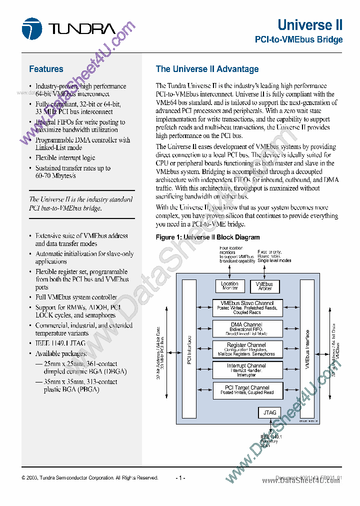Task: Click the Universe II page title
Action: (x=310, y=25)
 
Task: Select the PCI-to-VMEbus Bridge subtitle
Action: (x=298, y=39)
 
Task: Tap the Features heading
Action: (x=46, y=69)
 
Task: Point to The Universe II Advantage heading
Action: (x=207, y=69)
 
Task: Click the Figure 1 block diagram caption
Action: (x=207, y=237)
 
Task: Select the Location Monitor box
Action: (x=230, y=286)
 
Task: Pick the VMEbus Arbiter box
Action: (x=264, y=286)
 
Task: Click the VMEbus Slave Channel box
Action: (x=246, y=307)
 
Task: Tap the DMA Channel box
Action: (x=246, y=328)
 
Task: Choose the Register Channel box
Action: (x=246, y=349)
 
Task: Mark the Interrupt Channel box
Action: (x=246, y=370)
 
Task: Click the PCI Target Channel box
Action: (x=246, y=390)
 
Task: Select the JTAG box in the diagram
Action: (x=269, y=412)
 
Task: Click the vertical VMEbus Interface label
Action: (x=307, y=350)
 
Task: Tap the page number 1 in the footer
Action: (x=180, y=478)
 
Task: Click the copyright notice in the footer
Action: (x=90, y=478)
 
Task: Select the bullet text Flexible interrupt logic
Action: (x=65, y=158)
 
